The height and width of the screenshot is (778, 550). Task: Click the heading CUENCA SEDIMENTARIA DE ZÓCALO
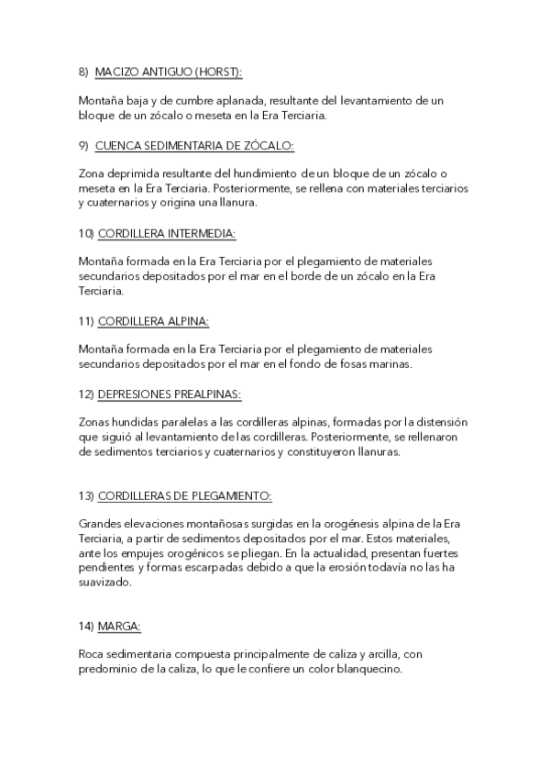pos(194,145)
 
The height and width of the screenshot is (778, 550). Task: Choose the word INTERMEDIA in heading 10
pos(198,233)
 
